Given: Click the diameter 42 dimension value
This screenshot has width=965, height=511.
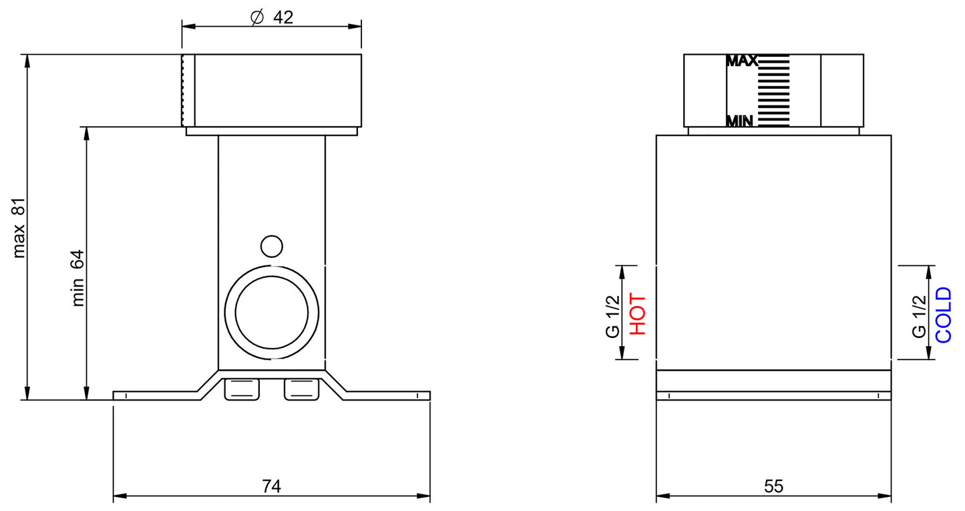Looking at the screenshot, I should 282,17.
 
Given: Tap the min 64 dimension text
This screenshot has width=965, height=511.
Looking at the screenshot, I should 78,278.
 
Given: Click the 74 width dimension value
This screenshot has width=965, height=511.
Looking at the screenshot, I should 271,487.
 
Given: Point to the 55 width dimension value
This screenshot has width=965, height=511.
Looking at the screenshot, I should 773,487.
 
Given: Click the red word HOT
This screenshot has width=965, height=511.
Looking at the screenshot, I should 637,314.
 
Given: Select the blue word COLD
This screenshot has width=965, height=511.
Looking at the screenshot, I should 943,315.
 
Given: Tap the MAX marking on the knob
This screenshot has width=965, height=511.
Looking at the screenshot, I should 741,61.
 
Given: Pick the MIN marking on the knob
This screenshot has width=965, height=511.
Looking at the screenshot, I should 740,122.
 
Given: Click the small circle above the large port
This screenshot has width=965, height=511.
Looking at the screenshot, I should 270,246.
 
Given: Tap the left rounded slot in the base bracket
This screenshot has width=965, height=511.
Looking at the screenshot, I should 241,389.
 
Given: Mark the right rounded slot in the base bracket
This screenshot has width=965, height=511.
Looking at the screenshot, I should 301,389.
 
